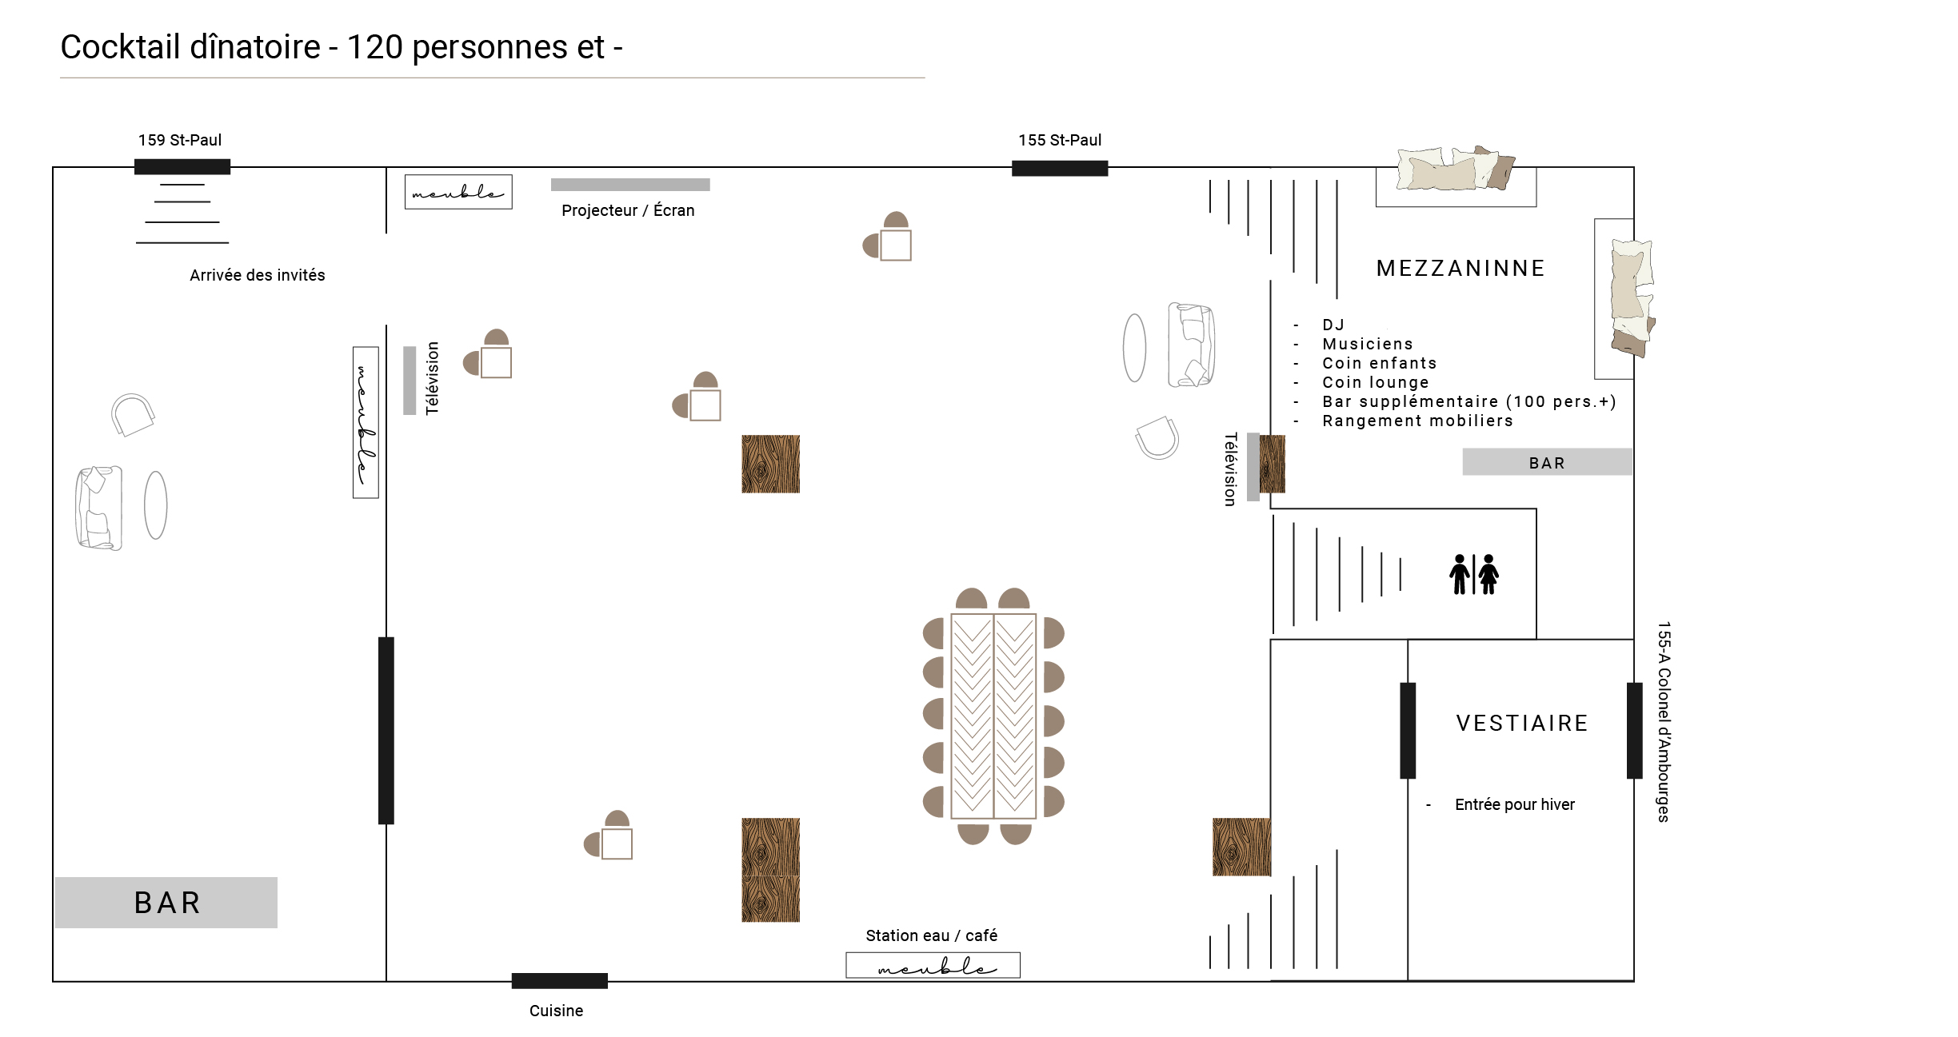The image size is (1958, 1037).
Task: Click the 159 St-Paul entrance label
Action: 180,140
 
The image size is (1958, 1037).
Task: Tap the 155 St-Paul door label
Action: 1060,140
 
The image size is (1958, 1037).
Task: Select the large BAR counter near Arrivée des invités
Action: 166,903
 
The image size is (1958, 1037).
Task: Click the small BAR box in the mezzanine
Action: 1547,462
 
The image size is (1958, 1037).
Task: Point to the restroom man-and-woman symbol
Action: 1474,574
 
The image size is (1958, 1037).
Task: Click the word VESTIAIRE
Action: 1522,724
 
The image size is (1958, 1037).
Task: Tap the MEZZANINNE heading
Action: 1461,269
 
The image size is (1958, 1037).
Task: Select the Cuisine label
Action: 556,1011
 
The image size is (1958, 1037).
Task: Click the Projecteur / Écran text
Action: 628,210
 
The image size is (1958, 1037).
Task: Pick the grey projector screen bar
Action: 630,185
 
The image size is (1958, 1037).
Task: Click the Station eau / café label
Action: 931,935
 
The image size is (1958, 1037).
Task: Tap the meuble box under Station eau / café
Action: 933,965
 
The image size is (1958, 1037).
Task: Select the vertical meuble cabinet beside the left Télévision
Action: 366,422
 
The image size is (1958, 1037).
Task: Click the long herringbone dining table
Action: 993,716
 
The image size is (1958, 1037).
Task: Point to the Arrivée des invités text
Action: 258,275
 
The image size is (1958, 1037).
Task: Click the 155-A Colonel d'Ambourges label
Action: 1664,721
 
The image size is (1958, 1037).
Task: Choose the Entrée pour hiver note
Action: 1515,804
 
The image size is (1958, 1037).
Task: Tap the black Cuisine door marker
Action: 560,981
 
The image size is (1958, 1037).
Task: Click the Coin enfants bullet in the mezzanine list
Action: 1379,363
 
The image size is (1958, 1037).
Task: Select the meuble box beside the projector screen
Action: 458,192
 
